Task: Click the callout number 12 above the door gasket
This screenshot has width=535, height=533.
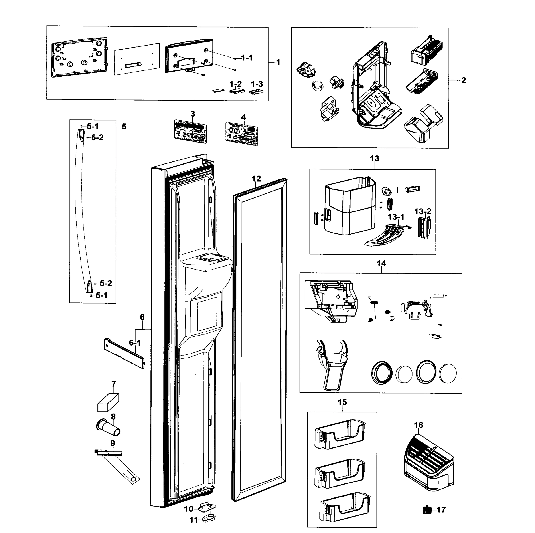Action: [256, 179]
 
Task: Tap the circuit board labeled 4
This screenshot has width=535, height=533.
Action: [242, 134]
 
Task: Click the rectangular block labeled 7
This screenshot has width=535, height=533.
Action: [108, 402]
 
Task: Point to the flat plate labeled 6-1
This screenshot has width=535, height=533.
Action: [124, 353]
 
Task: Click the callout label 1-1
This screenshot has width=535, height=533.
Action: [247, 58]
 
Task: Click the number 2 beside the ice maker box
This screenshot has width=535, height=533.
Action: [464, 80]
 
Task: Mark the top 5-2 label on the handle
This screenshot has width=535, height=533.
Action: [97, 137]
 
